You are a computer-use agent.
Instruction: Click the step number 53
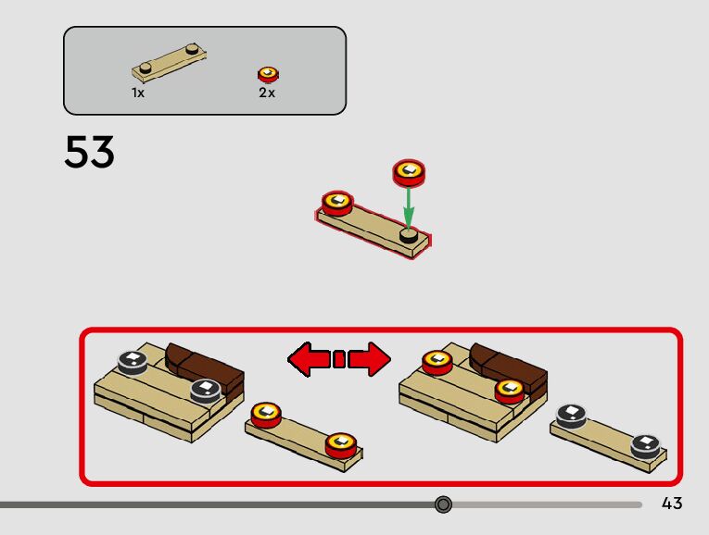[89, 153]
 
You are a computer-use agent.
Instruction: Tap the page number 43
[672, 504]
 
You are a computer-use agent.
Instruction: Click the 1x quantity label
[138, 93]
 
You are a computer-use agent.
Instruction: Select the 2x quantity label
[267, 93]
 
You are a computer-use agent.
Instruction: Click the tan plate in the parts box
[169, 62]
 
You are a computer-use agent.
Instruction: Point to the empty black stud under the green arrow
[409, 237]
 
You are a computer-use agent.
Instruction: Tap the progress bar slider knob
[443, 504]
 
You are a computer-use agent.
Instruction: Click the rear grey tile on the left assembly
[133, 361]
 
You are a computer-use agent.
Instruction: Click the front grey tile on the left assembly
[205, 391]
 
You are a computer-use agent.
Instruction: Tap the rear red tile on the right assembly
[437, 361]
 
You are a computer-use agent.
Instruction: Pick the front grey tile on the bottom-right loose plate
[646, 446]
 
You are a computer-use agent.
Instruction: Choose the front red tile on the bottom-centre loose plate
[341, 444]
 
